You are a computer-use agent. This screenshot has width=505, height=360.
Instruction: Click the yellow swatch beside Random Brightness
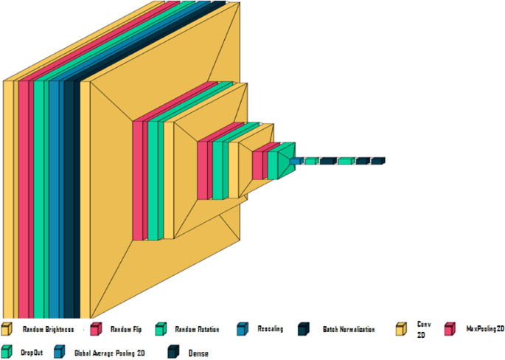click(7, 329)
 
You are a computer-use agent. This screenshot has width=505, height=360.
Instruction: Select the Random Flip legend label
click(125, 329)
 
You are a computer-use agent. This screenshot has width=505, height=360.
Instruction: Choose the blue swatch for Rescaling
click(243, 329)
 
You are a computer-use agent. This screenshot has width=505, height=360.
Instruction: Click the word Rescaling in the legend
click(270, 329)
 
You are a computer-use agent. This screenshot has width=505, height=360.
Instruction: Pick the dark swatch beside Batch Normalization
click(303, 329)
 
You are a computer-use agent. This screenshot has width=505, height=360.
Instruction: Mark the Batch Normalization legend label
click(349, 329)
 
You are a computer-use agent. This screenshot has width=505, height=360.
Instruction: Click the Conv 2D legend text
click(423, 329)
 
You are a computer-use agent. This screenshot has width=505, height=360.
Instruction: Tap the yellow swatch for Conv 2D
click(402, 329)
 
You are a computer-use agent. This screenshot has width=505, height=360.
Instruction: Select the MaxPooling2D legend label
click(485, 329)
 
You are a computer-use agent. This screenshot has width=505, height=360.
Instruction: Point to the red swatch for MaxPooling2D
click(450, 329)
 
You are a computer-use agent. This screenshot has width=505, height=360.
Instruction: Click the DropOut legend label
click(32, 353)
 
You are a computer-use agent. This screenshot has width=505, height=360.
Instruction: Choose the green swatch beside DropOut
click(7, 352)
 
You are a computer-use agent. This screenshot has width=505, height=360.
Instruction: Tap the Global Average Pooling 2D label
click(109, 353)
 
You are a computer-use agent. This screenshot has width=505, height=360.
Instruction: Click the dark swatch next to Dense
click(174, 352)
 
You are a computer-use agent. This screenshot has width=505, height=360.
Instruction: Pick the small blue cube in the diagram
click(296, 160)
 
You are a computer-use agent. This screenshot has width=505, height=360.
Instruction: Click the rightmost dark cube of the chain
click(377, 160)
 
